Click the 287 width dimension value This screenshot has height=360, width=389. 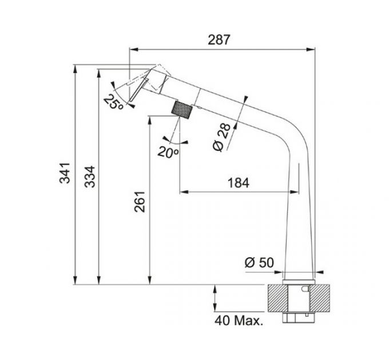tap(219, 40)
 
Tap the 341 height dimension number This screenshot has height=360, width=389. tap(65, 173)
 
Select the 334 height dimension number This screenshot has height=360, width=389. tap(90, 177)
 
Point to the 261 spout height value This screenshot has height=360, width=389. tap(140, 202)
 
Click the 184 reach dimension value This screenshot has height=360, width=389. tap(238, 183)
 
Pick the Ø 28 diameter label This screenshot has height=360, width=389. tap(221, 137)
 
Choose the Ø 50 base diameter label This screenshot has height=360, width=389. tap(259, 262)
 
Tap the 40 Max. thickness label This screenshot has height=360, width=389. tap(239, 321)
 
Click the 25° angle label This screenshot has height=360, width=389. tap(113, 102)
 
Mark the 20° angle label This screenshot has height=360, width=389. tap(168, 152)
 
